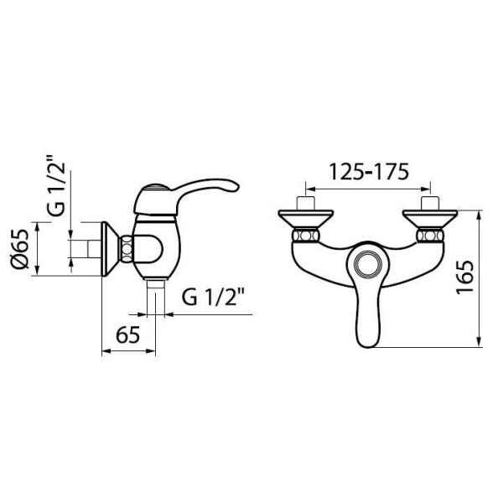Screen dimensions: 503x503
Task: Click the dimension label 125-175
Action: (369, 172)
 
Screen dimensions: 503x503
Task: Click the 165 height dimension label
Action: (464, 276)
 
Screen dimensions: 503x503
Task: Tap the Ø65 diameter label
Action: (19, 249)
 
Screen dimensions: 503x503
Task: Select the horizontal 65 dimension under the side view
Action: (127, 334)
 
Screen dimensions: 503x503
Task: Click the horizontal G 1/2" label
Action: (213, 297)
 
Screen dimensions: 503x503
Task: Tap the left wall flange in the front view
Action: (306, 219)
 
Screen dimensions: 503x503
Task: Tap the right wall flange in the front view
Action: (430, 219)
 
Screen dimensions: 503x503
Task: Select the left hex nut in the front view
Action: (305, 236)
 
